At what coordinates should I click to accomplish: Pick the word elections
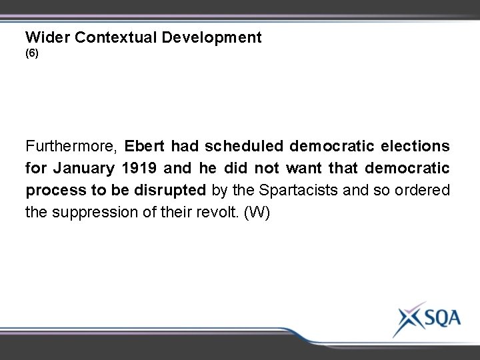click(417, 145)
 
